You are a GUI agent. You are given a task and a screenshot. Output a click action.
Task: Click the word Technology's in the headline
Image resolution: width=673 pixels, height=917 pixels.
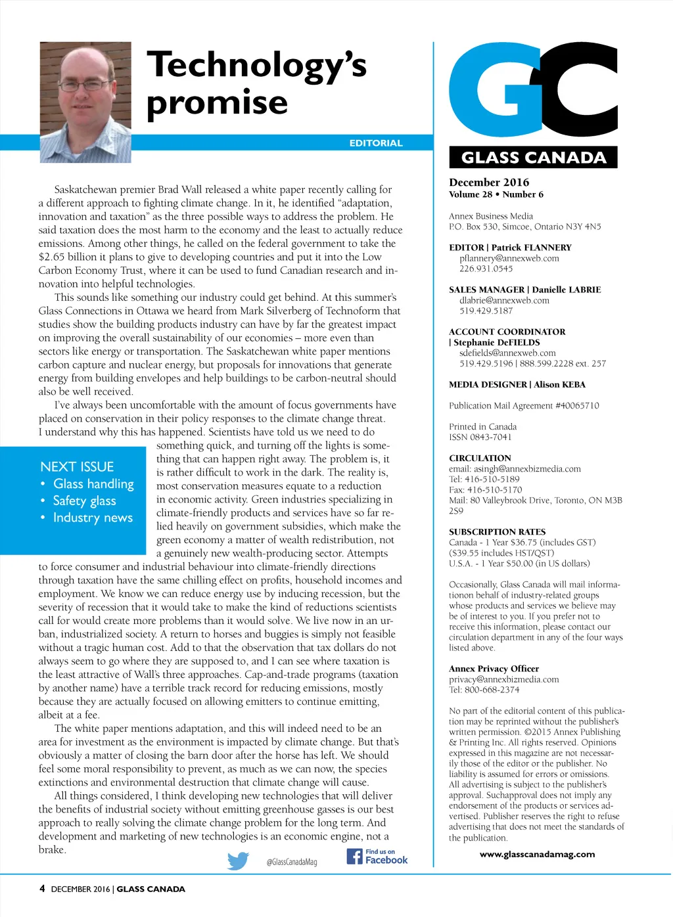(256, 66)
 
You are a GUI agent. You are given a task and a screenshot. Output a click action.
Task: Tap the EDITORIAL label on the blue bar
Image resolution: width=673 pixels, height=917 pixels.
(375, 143)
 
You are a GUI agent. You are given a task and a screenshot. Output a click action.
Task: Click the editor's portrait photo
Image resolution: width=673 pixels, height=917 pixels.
(85, 102)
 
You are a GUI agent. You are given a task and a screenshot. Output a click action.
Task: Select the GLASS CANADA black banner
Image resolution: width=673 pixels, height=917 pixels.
(533, 158)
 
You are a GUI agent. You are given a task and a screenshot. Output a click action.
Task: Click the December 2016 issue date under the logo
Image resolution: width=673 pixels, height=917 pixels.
(489, 182)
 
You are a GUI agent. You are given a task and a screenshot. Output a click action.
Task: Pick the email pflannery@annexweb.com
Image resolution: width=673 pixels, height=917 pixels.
(509, 258)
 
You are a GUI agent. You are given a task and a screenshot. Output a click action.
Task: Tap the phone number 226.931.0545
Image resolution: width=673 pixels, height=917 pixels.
(486, 269)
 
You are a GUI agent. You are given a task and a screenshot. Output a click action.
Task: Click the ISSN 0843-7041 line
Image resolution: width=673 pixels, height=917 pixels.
(480, 437)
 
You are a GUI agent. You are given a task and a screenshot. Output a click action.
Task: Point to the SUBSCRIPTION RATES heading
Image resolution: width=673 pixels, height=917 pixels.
(498, 531)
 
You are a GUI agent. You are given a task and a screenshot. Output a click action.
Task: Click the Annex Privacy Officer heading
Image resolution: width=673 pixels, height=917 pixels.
(494, 669)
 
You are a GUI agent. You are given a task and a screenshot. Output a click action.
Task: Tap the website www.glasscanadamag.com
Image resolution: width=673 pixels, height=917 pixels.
(537, 854)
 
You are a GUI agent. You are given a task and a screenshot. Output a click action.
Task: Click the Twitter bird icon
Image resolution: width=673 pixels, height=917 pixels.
(238, 861)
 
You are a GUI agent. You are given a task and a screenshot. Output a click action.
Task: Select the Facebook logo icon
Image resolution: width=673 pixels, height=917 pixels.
(354, 856)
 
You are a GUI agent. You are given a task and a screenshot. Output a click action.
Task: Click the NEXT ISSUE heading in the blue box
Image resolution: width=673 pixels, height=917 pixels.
(77, 466)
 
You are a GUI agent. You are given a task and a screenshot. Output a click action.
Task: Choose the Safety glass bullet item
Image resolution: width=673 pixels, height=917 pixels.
(84, 501)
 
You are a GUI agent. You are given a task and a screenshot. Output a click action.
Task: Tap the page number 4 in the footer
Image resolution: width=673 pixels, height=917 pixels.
(42, 889)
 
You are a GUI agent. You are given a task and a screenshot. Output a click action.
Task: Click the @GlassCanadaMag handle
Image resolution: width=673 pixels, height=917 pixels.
(291, 862)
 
